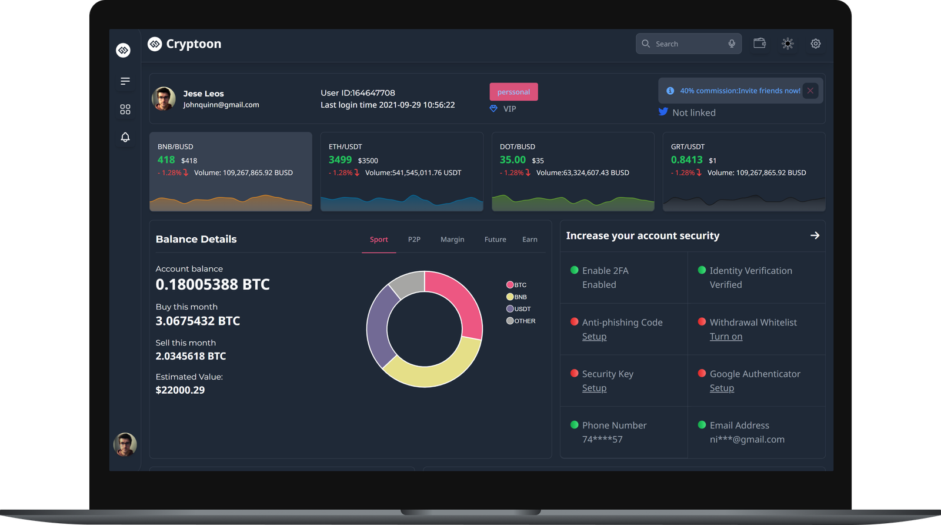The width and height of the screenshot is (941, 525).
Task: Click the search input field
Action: click(x=685, y=44)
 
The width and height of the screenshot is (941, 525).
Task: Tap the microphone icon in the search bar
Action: click(x=732, y=44)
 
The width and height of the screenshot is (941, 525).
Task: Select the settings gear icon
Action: click(x=816, y=44)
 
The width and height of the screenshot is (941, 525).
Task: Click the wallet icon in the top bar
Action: click(x=759, y=44)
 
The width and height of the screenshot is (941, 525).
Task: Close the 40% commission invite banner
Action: click(x=810, y=91)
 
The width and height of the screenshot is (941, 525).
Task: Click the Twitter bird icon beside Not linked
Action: click(x=663, y=112)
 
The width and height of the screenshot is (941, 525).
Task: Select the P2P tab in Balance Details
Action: click(x=414, y=240)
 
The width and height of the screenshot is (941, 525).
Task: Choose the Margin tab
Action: click(x=452, y=240)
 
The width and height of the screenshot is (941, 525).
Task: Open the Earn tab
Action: click(x=529, y=240)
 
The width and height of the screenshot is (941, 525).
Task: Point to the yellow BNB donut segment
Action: click(x=435, y=368)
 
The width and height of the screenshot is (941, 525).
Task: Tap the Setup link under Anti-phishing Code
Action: click(x=594, y=337)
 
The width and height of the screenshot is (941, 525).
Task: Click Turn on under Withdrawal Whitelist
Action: click(x=726, y=337)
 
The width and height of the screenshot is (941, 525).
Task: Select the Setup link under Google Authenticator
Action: click(x=722, y=388)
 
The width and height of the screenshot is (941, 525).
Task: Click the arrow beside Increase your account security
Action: click(x=815, y=235)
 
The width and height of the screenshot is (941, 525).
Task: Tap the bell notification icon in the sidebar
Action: click(x=125, y=137)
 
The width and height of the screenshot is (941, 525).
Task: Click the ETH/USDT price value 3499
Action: click(x=340, y=160)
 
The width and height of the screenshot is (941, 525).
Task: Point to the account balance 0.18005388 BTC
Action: click(x=212, y=285)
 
